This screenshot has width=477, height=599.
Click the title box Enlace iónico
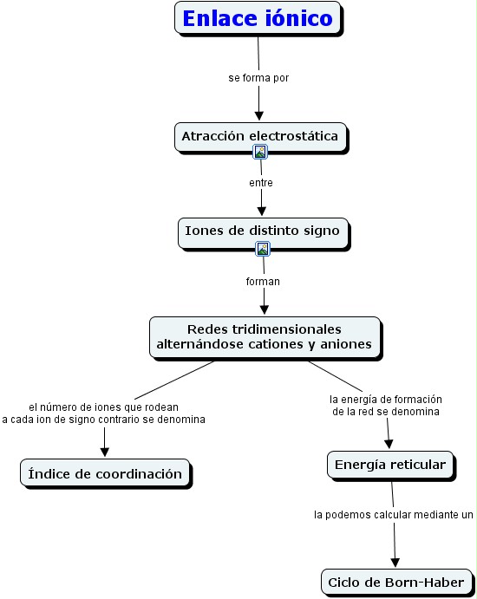[258, 18]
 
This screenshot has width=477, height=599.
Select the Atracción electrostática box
[261, 137]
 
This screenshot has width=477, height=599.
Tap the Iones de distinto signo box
[264, 233]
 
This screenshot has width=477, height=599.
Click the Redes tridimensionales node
[265, 338]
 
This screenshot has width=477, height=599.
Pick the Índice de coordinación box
[105, 473]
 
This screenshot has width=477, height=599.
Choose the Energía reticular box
[390, 465]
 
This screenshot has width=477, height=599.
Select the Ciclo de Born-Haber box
[396, 583]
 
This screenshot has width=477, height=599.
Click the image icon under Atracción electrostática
[260, 152]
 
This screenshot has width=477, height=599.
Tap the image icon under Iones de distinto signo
[263, 249]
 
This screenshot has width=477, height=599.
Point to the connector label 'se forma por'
[258, 78]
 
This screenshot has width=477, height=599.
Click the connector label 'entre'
[261, 183]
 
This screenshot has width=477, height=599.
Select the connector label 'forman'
[263, 282]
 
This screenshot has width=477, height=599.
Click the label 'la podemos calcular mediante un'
[393, 515]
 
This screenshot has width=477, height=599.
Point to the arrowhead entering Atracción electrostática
[259, 115]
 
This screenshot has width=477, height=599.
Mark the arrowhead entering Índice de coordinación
[105, 452]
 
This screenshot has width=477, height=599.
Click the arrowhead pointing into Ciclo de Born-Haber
[395, 563]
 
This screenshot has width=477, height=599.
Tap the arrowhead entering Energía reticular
[389, 444]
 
